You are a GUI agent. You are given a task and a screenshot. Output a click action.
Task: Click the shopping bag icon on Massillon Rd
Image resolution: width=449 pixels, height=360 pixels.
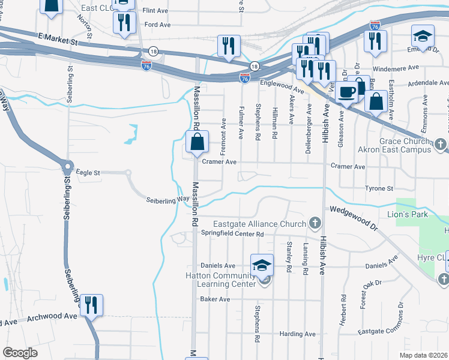click(197, 143)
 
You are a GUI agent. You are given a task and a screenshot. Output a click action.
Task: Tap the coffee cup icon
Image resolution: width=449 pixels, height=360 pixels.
click(346, 92)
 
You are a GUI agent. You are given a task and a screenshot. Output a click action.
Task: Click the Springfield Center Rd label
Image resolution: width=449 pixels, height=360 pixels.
click(232, 233)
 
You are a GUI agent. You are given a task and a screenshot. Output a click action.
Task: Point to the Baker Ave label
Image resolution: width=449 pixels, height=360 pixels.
click(215, 299)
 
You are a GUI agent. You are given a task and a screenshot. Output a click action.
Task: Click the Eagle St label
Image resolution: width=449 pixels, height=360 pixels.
click(88, 173)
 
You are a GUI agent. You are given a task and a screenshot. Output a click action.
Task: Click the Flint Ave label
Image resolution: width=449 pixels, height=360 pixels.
click(155, 11)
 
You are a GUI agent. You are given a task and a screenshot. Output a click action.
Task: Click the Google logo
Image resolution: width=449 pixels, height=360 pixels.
click(20, 353)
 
